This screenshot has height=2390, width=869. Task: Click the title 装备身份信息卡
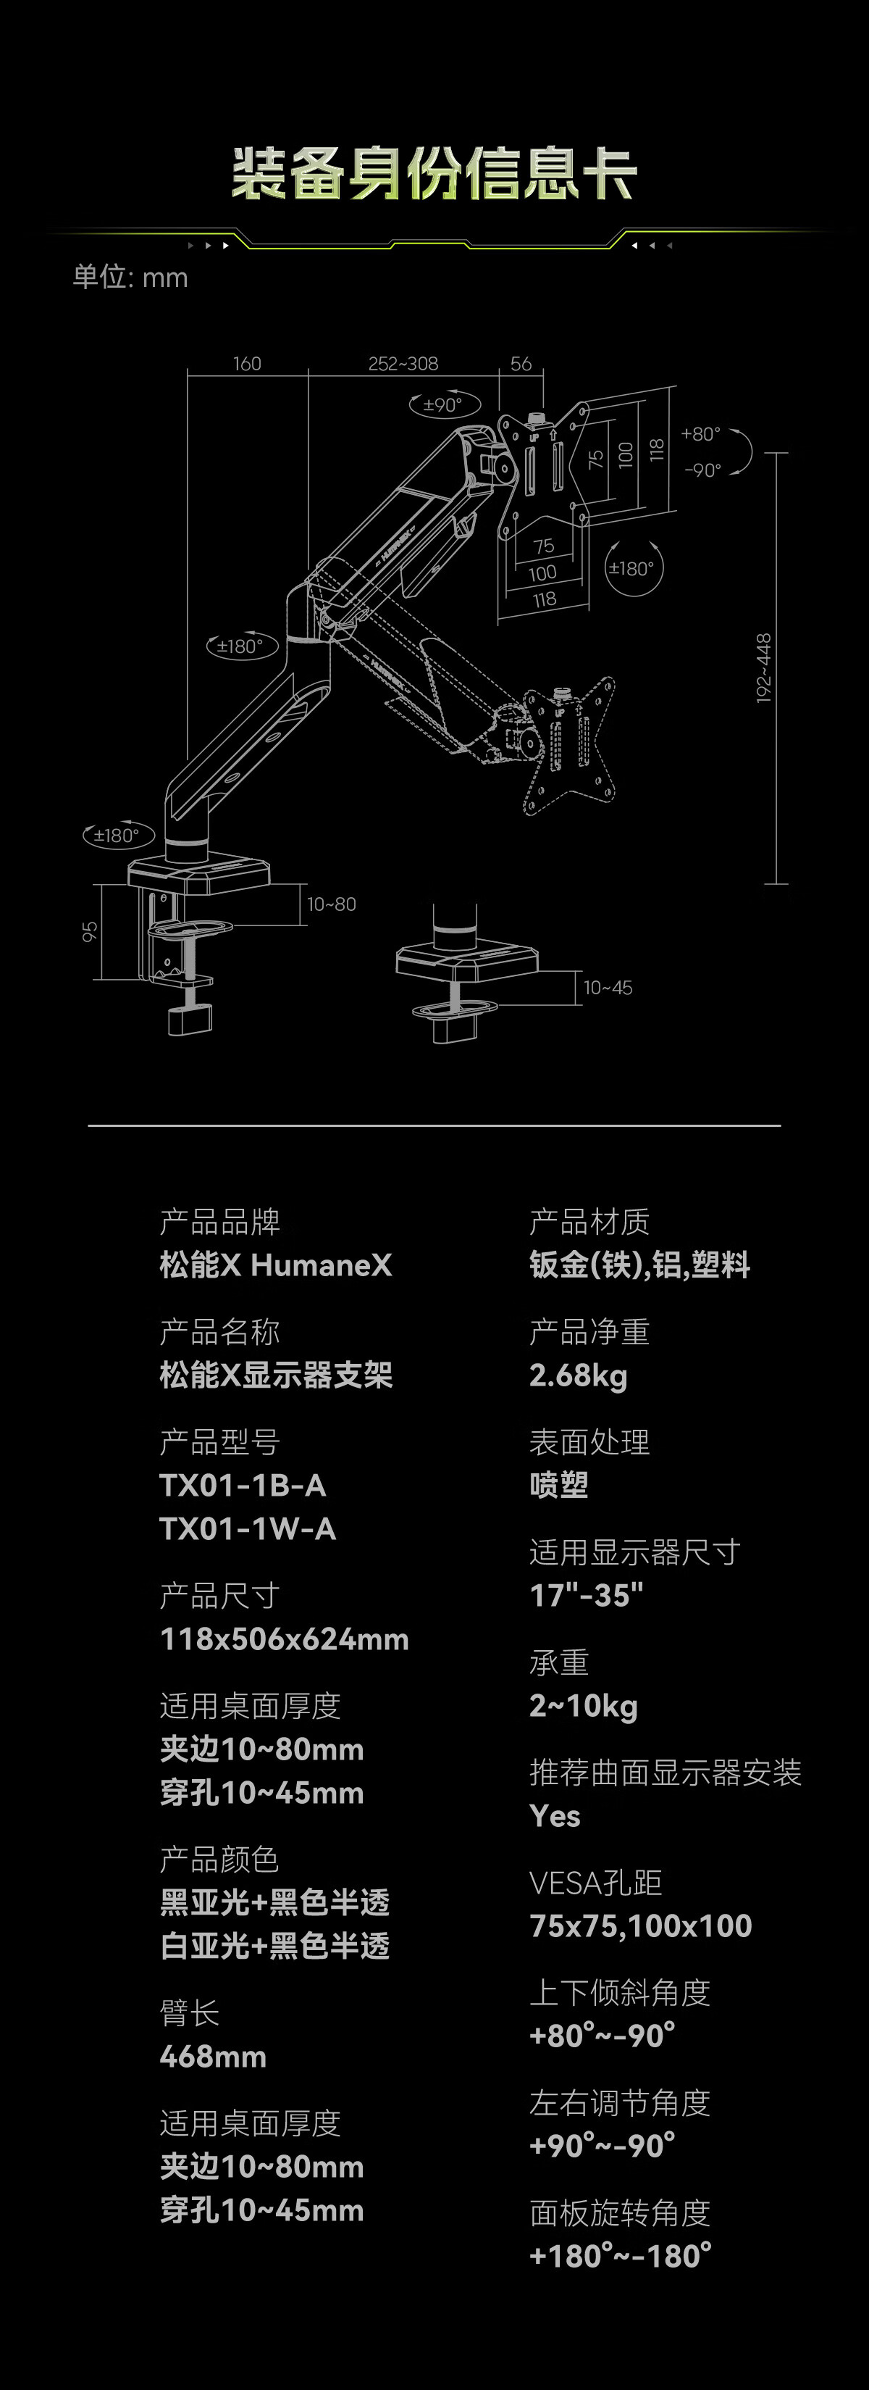tap(434, 173)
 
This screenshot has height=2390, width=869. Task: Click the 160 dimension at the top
tap(247, 364)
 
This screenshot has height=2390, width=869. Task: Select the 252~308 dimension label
tap(403, 364)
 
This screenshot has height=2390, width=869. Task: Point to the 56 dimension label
tap(521, 364)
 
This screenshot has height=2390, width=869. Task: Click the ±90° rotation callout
tap(443, 404)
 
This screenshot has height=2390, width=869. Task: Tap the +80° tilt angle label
tap(700, 434)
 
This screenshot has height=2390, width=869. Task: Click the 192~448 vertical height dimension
tap(763, 668)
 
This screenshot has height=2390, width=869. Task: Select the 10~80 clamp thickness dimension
tap(331, 904)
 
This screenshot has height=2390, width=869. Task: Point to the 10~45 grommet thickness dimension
tap(608, 988)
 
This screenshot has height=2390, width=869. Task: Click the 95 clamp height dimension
tap(90, 931)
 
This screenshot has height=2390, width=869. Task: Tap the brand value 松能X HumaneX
tap(275, 1265)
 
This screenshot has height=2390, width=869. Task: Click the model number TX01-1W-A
tap(248, 1528)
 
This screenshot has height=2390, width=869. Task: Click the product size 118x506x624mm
tap(284, 1639)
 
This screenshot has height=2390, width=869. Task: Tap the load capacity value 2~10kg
tap(584, 1705)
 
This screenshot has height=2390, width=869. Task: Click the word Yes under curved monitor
tap(555, 1816)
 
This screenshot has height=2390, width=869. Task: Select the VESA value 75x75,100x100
tap(640, 1926)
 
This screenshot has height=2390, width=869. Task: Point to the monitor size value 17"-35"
tap(586, 1595)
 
